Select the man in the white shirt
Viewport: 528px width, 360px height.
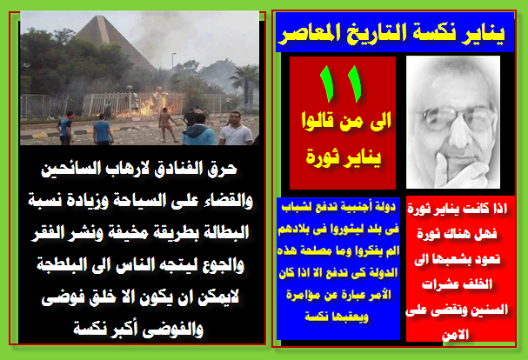point(236,129)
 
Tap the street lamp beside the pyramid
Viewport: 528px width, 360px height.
point(173,61)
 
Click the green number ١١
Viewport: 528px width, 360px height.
point(340,83)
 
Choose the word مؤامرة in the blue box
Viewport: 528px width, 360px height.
point(303,295)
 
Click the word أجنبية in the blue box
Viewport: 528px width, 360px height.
point(358,206)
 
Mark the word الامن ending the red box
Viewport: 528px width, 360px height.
point(455,335)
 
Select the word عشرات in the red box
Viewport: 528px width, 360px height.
point(440,284)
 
